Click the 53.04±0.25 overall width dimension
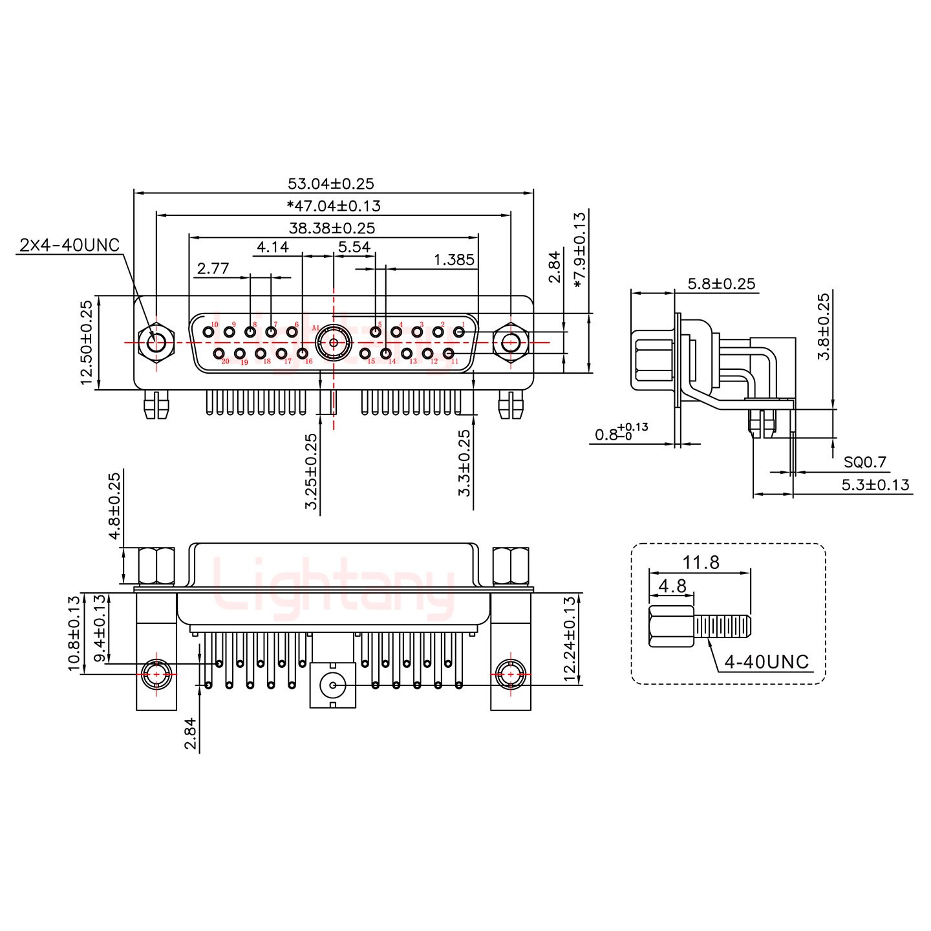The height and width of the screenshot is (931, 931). (x=330, y=184)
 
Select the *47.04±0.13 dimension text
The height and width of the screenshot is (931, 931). (x=334, y=206)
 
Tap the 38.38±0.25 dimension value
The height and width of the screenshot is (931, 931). (x=332, y=228)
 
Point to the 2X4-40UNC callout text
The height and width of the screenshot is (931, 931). (x=70, y=245)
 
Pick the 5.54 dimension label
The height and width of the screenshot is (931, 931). (x=354, y=247)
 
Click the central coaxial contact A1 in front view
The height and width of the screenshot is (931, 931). (x=334, y=341)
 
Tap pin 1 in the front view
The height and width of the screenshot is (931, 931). (x=459, y=332)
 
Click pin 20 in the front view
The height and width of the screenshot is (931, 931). (x=220, y=353)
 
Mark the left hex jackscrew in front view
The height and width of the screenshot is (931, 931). (x=156, y=342)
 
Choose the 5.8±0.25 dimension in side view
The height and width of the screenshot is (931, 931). (x=721, y=283)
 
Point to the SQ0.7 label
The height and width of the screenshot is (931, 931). (x=864, y=462)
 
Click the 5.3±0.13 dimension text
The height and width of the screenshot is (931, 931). (x=875, y=484)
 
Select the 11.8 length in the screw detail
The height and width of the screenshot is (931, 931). (x=701, y=562)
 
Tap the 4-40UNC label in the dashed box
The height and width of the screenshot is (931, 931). (x=766, y=661)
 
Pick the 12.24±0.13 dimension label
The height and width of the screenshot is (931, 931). (x=570, y=639)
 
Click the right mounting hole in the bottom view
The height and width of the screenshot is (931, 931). (x=511, y=674)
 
